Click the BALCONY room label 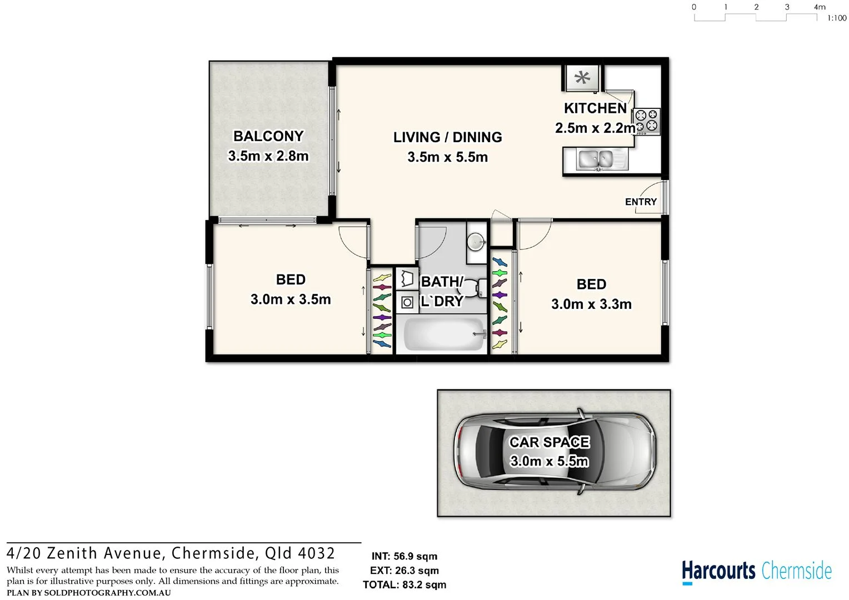[x=268, y=136]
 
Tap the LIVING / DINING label [x=448, y=137]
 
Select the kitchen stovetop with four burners [x=647, y=121]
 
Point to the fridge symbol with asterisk [x=582, y=78]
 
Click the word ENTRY [x=641, y=202]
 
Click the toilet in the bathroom [x=472, y=289]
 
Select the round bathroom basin [x=476, y=242]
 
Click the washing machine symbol [x=407, y=302]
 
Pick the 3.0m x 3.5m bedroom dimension [x=291, y=299]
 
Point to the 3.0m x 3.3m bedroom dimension [x=591, y=304]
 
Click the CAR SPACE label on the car [x=549, y=442]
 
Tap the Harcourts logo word [x=718, y=571]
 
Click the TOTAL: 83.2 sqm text [x=404, y=585]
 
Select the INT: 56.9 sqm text [x=404, y=556]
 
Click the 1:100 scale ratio [x=836, y=18]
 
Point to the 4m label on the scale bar [x=820, y=7]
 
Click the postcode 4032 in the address [x=317, y=553]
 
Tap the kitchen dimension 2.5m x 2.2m [x=595, y=128]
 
